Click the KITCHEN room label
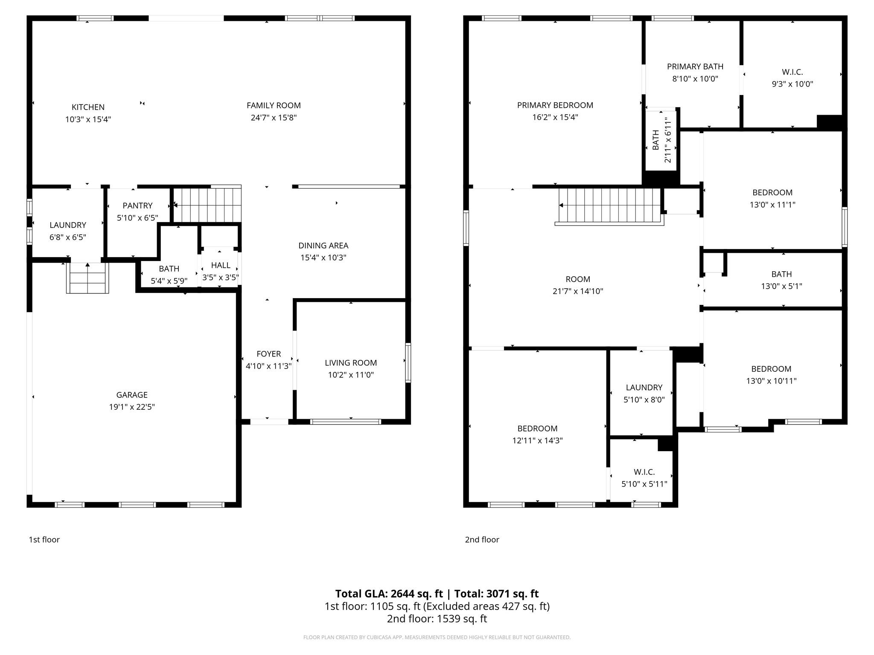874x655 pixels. click(88, 107)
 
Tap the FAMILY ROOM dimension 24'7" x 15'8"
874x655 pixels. click(274, 118)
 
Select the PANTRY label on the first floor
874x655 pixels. click(137, 206)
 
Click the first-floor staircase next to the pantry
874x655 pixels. click(207, 205)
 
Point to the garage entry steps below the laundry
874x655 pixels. click(87, 278)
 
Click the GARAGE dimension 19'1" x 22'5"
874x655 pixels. click(132, 407)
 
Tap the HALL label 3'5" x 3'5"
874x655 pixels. click(220, 265)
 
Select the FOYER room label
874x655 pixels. click(268, 354)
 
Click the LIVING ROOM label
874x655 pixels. click(351, 363)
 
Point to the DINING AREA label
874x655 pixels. click(323, 246)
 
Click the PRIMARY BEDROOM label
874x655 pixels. click(555, 105)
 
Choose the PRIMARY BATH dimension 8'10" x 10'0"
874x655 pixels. click(695, 79)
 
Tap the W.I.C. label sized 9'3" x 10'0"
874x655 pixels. click(792, 72)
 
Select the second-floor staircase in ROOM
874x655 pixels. click(610, 206)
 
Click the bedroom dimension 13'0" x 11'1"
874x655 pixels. click(772, 205)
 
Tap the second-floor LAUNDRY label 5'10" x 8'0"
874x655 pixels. click(644, 388)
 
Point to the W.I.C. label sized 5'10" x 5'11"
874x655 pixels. click(644, 472)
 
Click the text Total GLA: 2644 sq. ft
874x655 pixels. click(389, 594)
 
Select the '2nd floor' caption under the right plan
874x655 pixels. click(482, 539)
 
